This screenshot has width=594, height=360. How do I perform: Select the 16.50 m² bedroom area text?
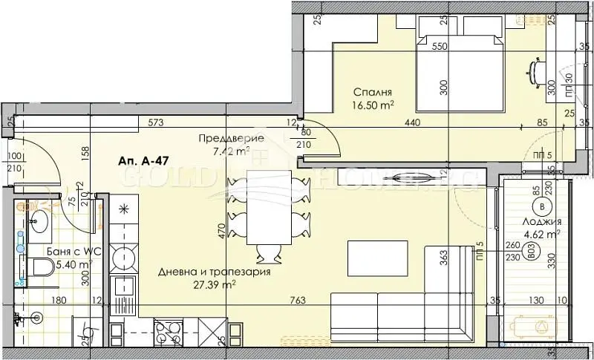click(371, 106)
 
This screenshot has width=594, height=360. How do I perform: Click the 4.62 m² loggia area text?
click(540, 235)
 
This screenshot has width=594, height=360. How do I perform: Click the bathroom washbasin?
click(36, 220)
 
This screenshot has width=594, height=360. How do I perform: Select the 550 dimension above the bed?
click(440, 45)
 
